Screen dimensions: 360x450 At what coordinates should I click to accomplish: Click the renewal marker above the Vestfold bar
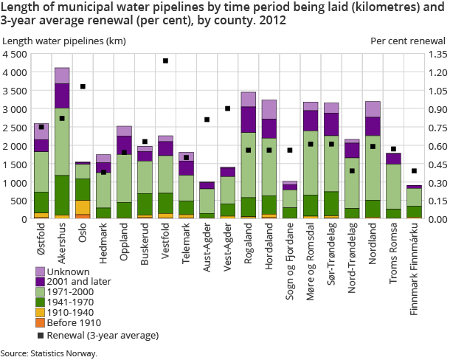(165, 61)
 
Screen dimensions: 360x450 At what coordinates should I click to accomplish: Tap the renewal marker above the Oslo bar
(83, 87)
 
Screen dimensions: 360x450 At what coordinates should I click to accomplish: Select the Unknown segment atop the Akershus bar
(62, 75)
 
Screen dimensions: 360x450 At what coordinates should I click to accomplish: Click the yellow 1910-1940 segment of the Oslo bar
(83, 207)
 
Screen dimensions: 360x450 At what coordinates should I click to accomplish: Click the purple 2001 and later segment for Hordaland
(269, 128)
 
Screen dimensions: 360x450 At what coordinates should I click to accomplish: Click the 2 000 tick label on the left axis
(15, 146)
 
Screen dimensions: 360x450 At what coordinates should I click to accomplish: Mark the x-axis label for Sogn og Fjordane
(290, 254)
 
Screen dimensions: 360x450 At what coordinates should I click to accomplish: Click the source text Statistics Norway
(49, 353)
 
